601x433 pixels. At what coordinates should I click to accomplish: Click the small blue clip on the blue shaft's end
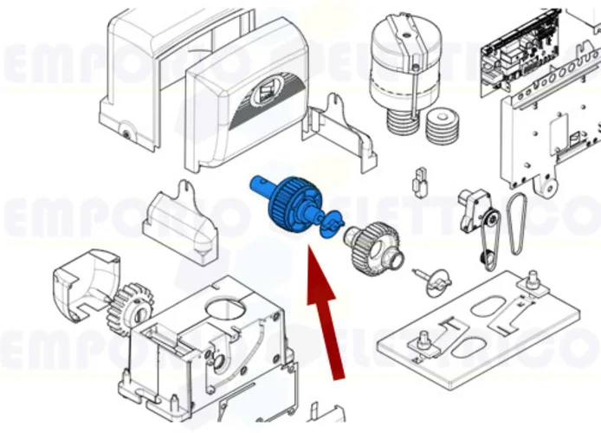click(327, 226)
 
